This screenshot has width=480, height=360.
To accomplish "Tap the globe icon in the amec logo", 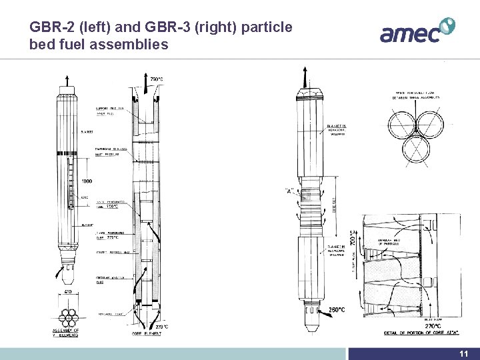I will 447,26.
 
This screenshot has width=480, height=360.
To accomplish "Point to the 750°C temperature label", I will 157,79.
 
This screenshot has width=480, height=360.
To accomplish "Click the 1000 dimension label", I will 87,181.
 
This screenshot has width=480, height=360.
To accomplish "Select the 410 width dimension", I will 68,291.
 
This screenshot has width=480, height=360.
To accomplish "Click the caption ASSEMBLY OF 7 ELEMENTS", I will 66,333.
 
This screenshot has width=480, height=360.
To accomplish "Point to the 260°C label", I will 335,309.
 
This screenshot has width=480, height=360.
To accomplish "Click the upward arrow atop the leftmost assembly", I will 67,83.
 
